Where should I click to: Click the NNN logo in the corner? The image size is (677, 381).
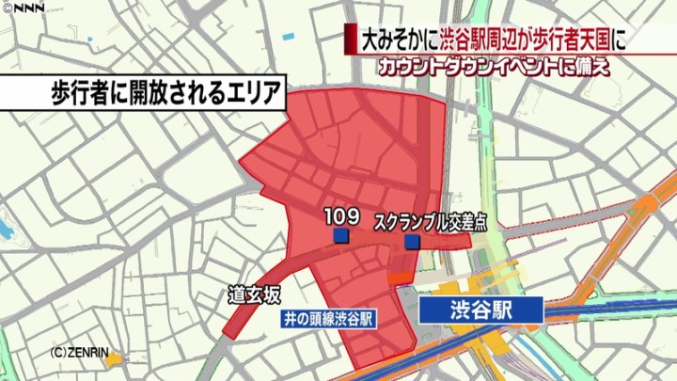click(x=23, y=8)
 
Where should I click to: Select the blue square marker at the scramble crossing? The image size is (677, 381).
click(x=413, y=244)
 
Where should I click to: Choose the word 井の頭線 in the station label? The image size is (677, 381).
click(x=309, y=319)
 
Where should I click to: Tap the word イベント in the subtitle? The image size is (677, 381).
click(x=527, y=67)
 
